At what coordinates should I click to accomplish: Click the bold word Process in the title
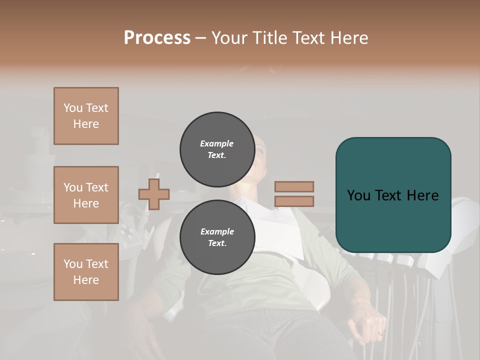[157, 38]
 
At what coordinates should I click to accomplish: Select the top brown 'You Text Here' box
[86, 116]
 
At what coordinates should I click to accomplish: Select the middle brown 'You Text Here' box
[86, 195]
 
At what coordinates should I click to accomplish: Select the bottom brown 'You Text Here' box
[86, 272]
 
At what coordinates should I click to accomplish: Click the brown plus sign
[154, 194]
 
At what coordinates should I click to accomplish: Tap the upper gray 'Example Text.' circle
[217, 149]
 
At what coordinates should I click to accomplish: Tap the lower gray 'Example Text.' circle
[217, 237]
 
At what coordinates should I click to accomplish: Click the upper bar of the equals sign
[294, 187]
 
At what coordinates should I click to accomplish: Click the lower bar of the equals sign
[294, 201]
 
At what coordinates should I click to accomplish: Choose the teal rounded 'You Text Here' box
[393, 195]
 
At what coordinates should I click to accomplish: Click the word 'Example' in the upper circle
[217, 143]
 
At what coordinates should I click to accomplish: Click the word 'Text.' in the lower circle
[217, 243]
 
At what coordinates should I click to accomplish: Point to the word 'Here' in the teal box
[422, 195]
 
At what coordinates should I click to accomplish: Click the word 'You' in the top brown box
[73, 108]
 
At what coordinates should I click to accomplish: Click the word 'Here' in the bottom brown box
[86, 280]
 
